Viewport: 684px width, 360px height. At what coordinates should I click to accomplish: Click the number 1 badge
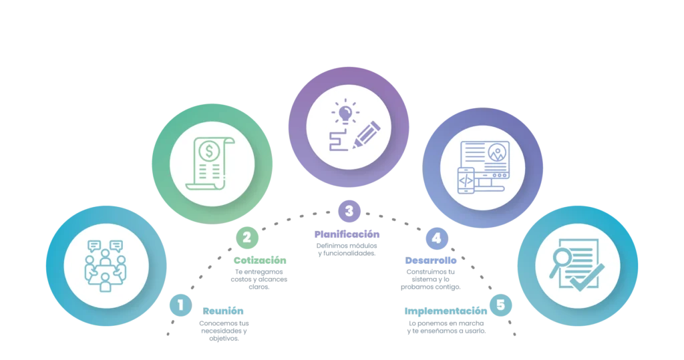[180, 306]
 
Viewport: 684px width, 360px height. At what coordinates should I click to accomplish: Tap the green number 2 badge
[246, 236]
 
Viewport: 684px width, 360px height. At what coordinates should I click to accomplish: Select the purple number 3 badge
[349, 212]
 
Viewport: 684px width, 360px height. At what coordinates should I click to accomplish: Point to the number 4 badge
[436, 238]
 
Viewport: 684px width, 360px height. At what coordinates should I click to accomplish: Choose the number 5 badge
[500, 305]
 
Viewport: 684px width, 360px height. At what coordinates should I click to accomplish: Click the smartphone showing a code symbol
[466, 180]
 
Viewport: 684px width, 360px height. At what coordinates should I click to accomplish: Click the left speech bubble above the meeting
[94, 246]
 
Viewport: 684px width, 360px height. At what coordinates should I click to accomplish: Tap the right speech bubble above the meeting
[117, 246]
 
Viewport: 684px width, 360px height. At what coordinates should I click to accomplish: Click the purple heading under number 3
[347, 235]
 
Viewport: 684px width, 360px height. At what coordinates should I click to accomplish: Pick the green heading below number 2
[259, 261]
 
